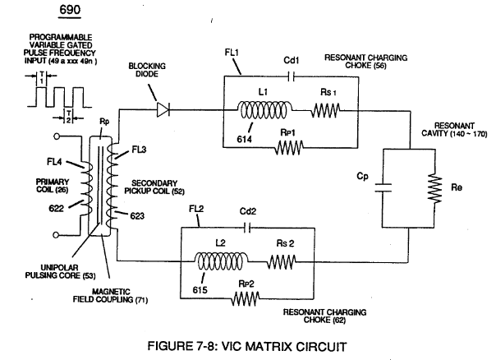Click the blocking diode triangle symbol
point(163,109)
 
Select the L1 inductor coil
point(264,110)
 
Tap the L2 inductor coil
point(220,261)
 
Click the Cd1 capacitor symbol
point(292,76)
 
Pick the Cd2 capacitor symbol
point(248,228)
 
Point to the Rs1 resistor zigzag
point(325,110)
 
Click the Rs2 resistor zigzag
point(282,262)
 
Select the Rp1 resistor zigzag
point(289,148)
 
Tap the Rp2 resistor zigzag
point(246,298)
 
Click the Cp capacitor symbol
point(383,187)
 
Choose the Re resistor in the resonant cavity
point(434,188)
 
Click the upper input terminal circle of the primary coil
point(57,136)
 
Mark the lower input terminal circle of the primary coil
point(56,235)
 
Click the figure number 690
point(70,10)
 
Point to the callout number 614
point(245,139)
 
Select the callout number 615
point(200,289)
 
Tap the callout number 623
point(137,216)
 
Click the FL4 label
point(54,162)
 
